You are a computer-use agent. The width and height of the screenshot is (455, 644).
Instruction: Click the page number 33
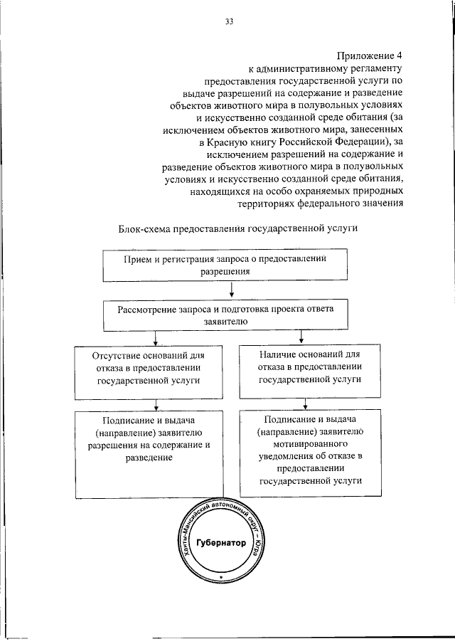point(230,22)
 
